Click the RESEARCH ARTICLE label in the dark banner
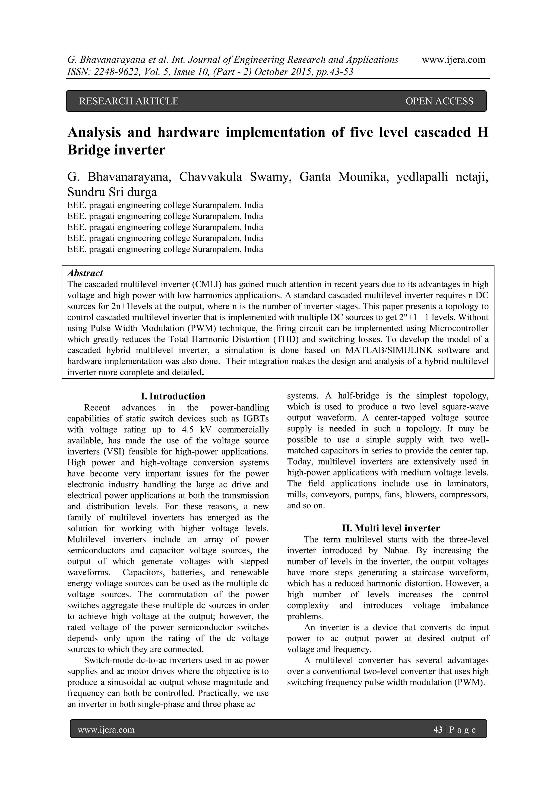[x=129, y=101]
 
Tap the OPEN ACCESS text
[x=439, y=101]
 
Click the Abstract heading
[x=85, y=273]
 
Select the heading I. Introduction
[x=173, y=396]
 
